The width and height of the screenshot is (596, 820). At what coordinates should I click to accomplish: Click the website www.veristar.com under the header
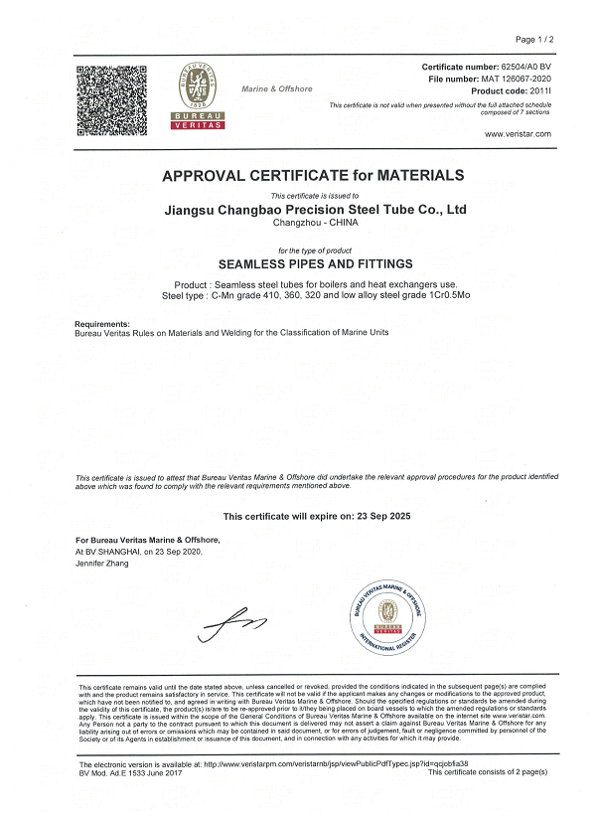coord(517,134)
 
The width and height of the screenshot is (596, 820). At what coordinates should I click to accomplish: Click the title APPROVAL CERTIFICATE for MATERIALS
coord(313,176)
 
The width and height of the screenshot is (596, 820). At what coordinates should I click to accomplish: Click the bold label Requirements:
coord(102,324)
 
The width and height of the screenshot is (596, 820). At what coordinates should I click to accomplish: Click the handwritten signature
coord(234,624)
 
